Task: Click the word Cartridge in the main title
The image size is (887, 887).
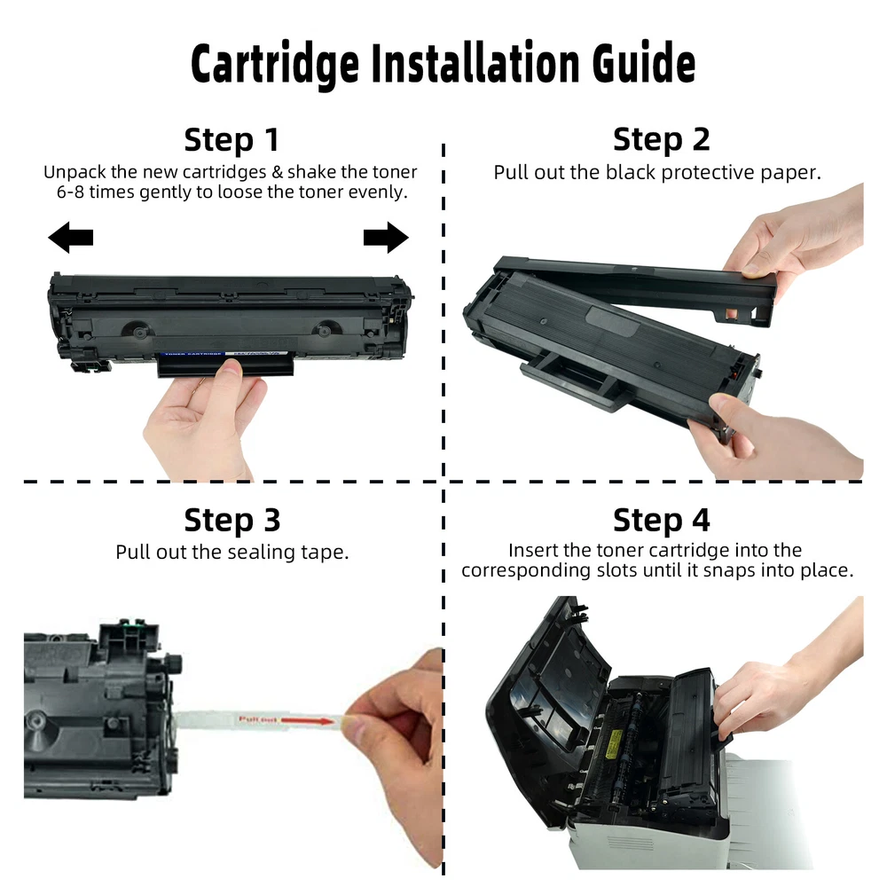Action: (x=275, y=63)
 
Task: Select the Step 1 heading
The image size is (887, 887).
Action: (x=232, y=140)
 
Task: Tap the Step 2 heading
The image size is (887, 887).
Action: (x=662, y=140)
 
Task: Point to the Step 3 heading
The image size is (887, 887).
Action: (x=232, y=521)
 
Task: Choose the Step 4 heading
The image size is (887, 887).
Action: (x=662, y=521)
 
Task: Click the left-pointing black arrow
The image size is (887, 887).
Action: (x=71, y=237)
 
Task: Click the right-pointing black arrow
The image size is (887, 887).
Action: (x=386, y=237)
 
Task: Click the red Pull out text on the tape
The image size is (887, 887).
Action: (x=258, y=719)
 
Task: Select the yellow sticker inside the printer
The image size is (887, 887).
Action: (x=614, y=743)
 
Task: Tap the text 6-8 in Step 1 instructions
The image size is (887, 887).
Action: (x=70, y=192)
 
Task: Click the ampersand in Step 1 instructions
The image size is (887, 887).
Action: (x=277, y=172)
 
